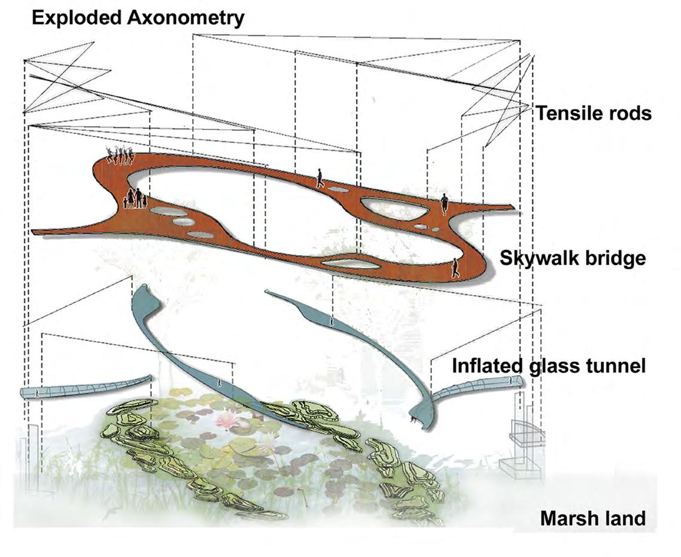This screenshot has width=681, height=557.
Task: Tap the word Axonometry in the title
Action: coord(186,18)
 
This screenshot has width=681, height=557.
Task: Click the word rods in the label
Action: coord(628,113)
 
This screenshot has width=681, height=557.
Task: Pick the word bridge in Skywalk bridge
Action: coord(616,258)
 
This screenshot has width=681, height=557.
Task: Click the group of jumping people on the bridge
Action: coord(120,156)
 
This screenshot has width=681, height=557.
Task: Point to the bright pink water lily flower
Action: coord(227,420)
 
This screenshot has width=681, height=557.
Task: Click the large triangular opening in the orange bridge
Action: coord(395,208)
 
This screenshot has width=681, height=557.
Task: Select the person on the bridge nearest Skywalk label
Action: coord(455,267)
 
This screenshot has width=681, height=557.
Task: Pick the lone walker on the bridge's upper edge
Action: coord(321,178)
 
